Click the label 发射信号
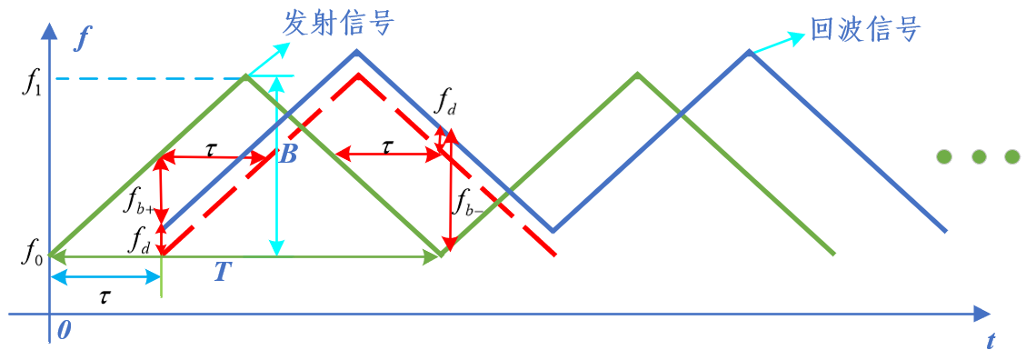click(x=338, y=23)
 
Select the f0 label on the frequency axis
click(x=31, y=254)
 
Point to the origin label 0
click(x=63, y=329)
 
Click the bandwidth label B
click(x=288, y=155)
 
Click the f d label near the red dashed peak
click(x=445, y=105)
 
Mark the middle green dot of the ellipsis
click(x=979, y=156)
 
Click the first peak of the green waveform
click(x=244, y=76)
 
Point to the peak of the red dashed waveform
click(x=358, y=75)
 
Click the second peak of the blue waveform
click(x=750, y=52)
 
